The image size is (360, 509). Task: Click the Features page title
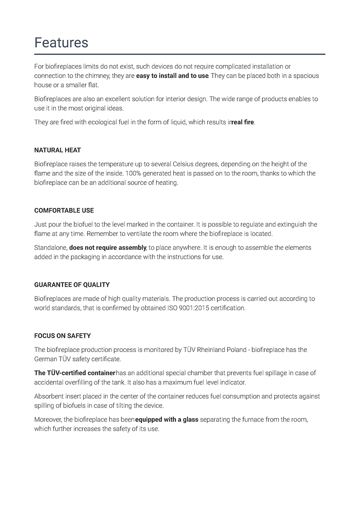coord(61,42)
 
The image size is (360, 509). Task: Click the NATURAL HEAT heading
coord(57,150)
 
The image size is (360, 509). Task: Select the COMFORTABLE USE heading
coord(64,210)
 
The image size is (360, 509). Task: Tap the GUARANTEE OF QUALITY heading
coord(72,285)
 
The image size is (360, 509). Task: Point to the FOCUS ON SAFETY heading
coord(62,336)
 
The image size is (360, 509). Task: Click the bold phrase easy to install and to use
coord(172,76)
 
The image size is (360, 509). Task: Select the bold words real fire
coord(242,122)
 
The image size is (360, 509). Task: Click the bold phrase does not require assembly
coord(108,247)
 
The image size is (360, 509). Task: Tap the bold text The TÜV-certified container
coord(75,373)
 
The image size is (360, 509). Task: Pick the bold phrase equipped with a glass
coord(166,420)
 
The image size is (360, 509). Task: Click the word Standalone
coord(50,247)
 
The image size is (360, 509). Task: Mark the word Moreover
coord(48,420)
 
